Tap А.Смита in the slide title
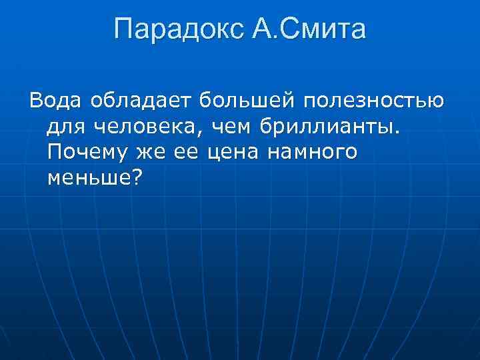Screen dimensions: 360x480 pos(310,30)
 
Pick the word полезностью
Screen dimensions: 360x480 pos(374,102)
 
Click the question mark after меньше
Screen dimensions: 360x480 pos(137,178)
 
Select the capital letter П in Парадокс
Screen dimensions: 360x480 pos(124,30)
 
